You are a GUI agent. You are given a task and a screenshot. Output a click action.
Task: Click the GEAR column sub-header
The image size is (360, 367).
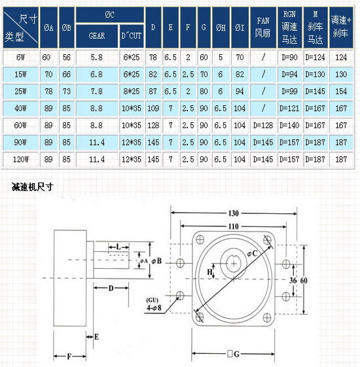[97, 36]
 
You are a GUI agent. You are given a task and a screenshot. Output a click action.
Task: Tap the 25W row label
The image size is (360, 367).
[20, 92]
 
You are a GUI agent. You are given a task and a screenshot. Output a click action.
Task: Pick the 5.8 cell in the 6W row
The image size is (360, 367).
[97, 58]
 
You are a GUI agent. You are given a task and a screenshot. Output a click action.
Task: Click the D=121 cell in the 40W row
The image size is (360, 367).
[289, 109]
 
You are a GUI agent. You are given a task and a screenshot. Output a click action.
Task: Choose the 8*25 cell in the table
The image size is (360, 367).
[132, 92]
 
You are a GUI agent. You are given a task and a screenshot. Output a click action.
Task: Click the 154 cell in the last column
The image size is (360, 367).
[341, 92]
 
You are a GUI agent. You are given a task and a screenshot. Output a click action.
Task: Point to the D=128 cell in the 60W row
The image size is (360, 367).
[263, 126]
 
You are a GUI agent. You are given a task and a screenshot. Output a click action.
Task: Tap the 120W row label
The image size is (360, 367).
[20, 160]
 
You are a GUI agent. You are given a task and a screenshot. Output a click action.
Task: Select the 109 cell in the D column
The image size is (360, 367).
[153, 109]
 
